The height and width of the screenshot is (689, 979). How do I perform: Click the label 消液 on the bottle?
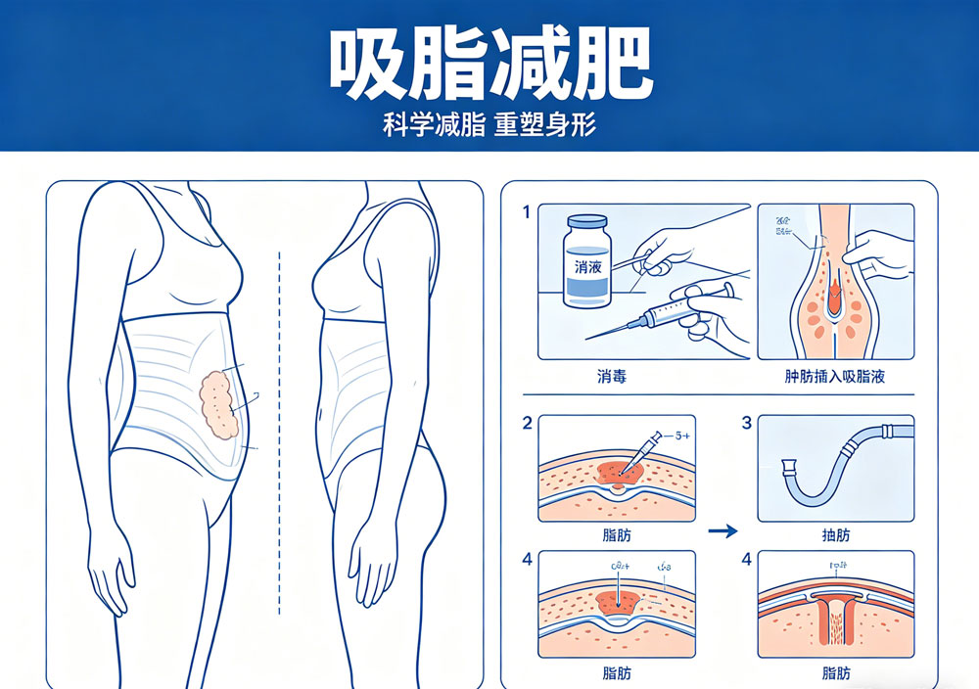click(585, 266)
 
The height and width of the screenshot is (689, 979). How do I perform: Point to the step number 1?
click(527, 212)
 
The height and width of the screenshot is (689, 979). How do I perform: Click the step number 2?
click(527, 424)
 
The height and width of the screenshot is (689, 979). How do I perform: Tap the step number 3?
click(746, 424)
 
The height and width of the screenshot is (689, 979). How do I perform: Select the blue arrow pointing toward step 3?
click(722, 532)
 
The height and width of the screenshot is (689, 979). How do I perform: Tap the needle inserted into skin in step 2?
click(634, 456)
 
